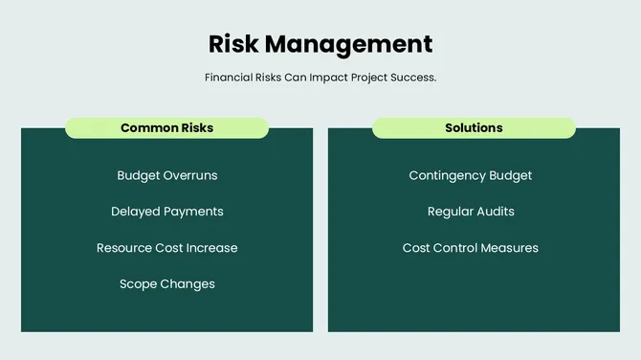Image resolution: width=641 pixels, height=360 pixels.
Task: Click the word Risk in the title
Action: pyautogui.click(x=232, y=44)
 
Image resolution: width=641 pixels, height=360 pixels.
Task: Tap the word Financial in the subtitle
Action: pyautogui.click(x=230, y=77)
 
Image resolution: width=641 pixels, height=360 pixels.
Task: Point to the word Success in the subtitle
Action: pyautogui.click(x=411, y=77)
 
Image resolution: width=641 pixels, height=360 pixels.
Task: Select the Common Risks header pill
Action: pyautogui.click(x=166, y=127)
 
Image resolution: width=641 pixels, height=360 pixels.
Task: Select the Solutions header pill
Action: pyautogui.click(x=474, y=127)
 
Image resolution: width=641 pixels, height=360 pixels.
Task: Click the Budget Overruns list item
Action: pyautogui.click(x=166, y=175)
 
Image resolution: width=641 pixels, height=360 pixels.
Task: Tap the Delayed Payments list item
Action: pyautogui.click(x=166, y=212)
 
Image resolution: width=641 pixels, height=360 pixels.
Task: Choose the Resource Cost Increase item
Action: pyautogui.click(x=166, y=248)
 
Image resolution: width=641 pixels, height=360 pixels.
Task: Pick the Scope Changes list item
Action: pyautogui.click(x=166, y=284)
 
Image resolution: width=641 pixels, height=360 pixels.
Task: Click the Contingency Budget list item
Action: pyautogui.click(x=470, y=175)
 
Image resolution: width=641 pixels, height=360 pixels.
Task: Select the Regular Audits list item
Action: pyautogui.click(x=470, y=212)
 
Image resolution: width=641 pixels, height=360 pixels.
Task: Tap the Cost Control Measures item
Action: pyautogui.click(x=470, y=248)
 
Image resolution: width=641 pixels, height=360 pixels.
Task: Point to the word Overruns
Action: pyautogui.click(x=190, y=175)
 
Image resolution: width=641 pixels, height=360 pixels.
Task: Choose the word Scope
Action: pyautogui.click(x=138, y=284)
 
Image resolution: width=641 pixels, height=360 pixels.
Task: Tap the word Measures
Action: pyautogui.click(x=510, y=248)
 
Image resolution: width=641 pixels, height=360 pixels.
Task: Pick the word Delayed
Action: pyautogui.click(x=135, y=212)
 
